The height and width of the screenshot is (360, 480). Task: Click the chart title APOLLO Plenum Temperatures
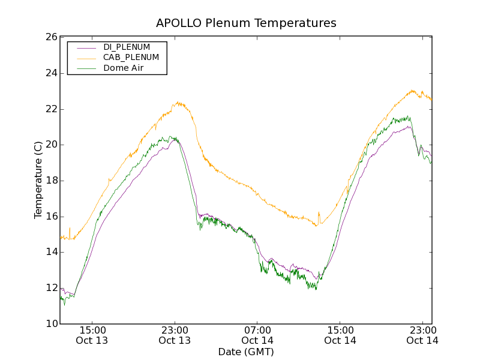[246, 23]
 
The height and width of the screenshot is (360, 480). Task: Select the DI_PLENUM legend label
[127, 47]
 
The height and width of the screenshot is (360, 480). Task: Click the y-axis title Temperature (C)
[38, 180]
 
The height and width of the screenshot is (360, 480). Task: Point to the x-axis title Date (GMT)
[246, 352]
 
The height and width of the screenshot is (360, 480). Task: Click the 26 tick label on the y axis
[50, 37]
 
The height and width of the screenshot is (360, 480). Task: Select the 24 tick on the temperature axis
[50, 73]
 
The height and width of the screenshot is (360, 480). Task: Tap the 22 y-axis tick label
[50, 109]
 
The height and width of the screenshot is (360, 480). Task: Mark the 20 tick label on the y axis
[50, 145]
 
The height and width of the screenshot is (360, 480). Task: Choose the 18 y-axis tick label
[50, 181]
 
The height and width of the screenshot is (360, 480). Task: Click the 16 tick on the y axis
[50, 216]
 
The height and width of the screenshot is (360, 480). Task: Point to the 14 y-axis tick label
[50, 252]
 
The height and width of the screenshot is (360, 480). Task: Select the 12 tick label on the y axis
[50, 288]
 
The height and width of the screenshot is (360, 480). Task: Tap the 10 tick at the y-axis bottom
[50, 324]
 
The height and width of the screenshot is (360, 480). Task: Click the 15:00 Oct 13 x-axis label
[92, 335]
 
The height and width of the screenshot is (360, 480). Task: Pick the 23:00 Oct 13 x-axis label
[175, 335]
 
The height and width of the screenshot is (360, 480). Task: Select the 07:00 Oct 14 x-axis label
[257, 335]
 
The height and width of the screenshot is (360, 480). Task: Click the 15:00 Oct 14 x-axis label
[340, 335]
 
